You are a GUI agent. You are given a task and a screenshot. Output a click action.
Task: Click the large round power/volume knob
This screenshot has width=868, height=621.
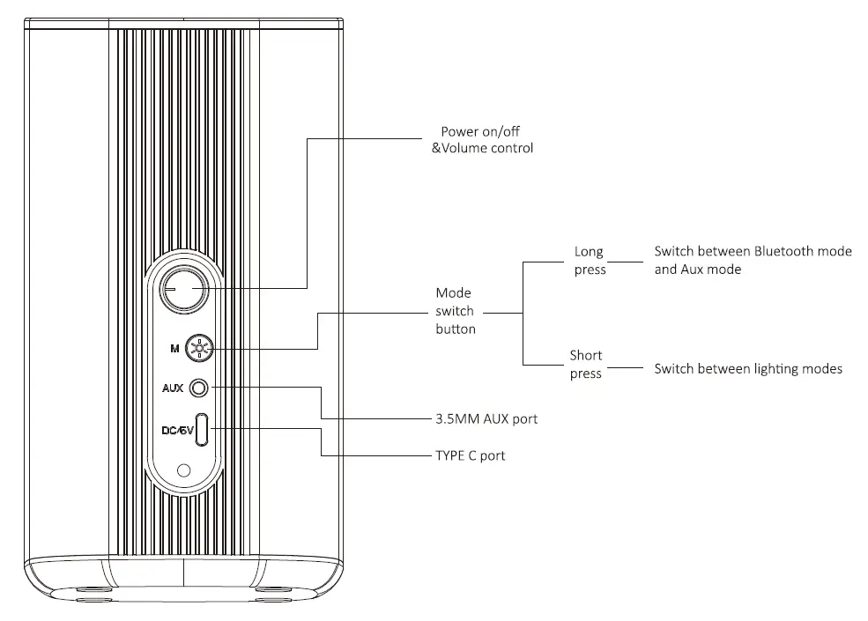[x=183, y=287]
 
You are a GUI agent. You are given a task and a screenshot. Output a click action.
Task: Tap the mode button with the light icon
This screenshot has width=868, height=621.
[x=201, y=349]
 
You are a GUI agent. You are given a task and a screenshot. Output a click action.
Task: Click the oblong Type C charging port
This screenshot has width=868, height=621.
[x=203, y=429]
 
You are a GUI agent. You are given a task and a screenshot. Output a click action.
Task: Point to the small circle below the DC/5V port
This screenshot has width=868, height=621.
[x=183, y=470]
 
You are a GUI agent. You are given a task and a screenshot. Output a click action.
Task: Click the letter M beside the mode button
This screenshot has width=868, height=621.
[x=174, y=349]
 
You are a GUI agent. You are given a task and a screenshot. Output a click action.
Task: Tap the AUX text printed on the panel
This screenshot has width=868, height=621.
[x=173, y=388]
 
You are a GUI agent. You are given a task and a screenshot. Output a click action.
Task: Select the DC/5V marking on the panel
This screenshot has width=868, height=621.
[x=176, y=430]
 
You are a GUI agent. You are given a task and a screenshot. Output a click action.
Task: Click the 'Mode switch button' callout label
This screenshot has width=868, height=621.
[x=455, y=311]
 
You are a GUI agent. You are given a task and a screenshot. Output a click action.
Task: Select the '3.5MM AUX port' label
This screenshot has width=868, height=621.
[x=486, y=418]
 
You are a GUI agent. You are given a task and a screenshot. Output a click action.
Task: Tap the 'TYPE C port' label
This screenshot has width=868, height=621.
[x=471, y=455]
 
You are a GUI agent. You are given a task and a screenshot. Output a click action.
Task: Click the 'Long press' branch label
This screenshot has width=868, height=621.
[x=590, y=261]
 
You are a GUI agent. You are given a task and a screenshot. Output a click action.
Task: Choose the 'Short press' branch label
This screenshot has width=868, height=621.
[x=586, y=365]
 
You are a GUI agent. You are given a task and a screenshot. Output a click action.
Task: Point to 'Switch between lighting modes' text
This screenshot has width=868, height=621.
[x=747, y=368]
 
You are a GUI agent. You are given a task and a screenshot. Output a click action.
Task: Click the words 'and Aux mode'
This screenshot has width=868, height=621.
[x=697, y=270]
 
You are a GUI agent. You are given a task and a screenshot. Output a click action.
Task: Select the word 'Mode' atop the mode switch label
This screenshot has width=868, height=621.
[x=454, y=292]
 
